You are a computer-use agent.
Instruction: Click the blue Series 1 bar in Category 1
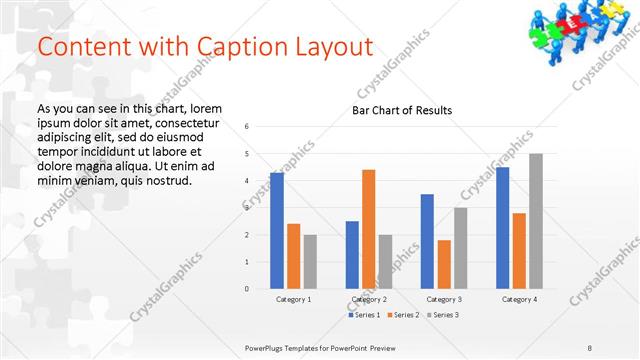point(277,231)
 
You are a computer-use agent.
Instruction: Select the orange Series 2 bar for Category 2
point(369,229)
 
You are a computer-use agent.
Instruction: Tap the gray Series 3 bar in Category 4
point(536,221)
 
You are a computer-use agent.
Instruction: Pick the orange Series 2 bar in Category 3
point(444,264)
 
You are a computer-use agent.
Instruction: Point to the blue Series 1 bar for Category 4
point(502,228)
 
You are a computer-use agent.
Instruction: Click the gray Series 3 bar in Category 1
point(310,262)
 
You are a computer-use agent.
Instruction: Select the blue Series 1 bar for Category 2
point(352,255)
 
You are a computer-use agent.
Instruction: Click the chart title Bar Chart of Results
point(402,110)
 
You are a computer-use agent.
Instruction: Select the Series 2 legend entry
point(403,315)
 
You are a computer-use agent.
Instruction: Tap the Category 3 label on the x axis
point(444,299)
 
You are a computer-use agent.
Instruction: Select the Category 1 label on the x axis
point(294,299)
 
